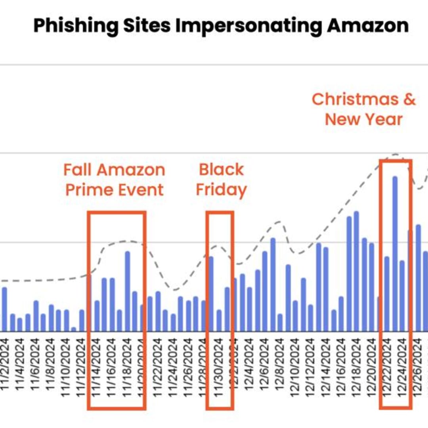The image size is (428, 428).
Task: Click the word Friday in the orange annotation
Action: coord(221,190)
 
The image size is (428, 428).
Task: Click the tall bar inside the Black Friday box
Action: coord(211,294)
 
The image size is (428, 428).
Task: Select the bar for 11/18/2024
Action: coord(127,291)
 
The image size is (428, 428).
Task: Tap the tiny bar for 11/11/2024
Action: coord(74,329)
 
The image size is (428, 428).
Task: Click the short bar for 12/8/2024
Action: coord(280,323)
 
